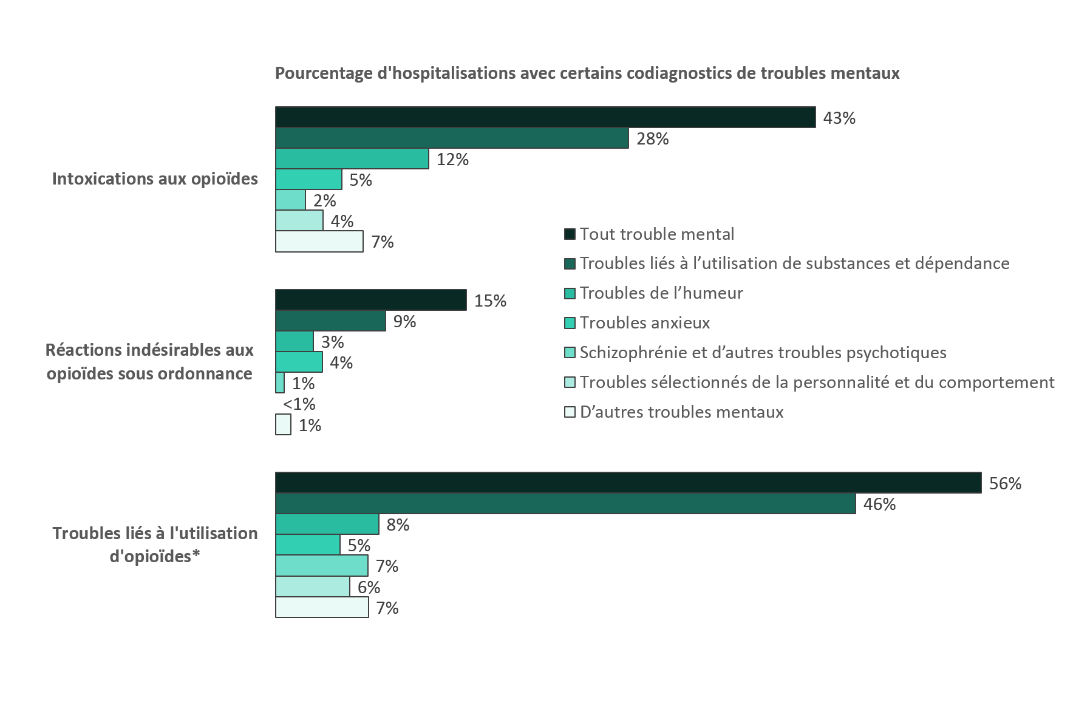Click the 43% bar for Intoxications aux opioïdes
pos(545,118)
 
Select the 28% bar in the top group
pos(452,138)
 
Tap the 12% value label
pos(453,160)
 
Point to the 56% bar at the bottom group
pos(628,483)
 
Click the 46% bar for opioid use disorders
pos(565,504)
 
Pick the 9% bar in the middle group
pos(330,321)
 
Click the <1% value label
pos(299,404)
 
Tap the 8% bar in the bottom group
pos(327,525)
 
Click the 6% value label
pos(369,587)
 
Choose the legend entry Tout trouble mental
pos(656,234)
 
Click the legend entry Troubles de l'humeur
pos(661,293)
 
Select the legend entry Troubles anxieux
pos(644,323)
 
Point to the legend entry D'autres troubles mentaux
pos(681,412)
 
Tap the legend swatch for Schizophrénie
pos(569,353)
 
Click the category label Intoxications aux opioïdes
pos(155,179)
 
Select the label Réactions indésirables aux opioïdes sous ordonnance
pos(150,362)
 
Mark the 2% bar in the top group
pos(290,200)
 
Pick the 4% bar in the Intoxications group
pos(299,220)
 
